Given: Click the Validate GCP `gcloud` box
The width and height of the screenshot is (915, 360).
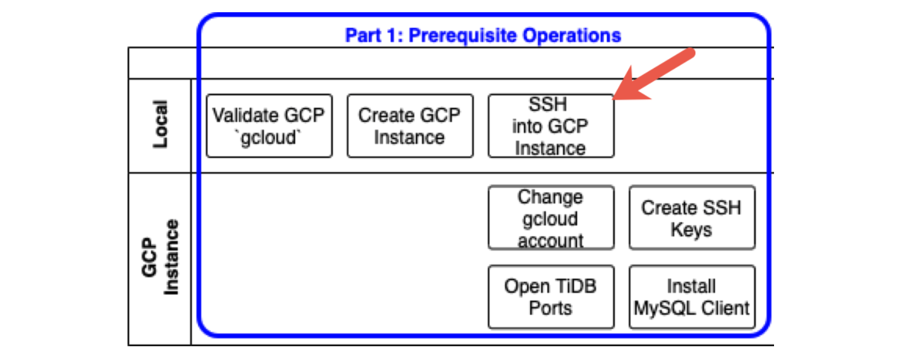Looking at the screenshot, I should tap(269, 126).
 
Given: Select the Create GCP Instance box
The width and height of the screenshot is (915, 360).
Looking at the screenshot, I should tap(410, 126).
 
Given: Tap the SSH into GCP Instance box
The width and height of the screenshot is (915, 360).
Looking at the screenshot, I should tap(551, 126).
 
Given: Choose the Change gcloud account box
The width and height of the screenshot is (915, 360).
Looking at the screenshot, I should tap(551, 218).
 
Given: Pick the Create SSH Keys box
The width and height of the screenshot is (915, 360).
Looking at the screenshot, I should tap(691, 218).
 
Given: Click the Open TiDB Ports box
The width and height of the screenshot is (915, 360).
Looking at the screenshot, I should tap(551, 297).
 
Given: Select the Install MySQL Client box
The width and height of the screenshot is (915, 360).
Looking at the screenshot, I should tap(691, 297).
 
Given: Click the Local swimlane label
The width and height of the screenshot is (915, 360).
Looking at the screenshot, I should tap(160, 124).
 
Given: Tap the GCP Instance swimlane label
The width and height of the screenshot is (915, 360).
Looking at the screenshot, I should tap(160, 258).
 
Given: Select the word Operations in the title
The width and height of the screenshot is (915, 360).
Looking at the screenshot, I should tap(571, 35).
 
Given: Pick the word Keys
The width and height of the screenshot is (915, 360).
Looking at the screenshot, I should tap(691, 229).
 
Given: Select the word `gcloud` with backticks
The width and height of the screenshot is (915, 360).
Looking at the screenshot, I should tap(269, 137).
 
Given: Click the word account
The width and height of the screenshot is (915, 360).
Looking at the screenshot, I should tap(551, 241).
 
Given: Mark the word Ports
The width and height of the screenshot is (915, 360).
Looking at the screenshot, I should tap(551, 309).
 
